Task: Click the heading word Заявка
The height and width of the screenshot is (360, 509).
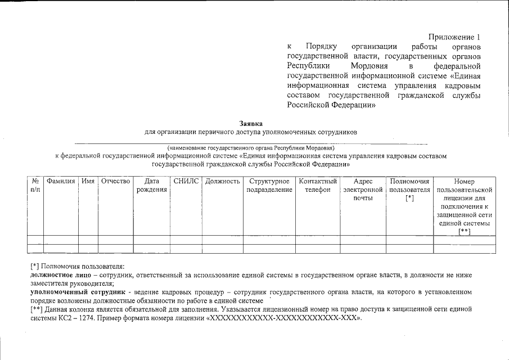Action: coord(251,123)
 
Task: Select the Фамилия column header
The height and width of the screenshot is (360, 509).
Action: coord(61,182)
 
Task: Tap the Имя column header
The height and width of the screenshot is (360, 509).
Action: coord(88,182)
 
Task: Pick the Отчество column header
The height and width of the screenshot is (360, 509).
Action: coord(115,182)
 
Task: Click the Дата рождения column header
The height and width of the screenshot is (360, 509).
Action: coord(152,186)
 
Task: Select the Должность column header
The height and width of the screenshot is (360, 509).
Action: coord(223,182)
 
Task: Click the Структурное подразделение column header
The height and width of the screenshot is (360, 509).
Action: coord(269,186)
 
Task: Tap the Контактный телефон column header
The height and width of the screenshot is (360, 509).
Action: coord(318,186)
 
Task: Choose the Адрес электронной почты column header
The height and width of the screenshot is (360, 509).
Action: coord(363,190)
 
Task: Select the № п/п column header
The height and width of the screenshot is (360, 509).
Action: coord(35,186)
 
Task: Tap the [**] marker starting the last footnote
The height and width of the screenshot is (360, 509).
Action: coord(36,310)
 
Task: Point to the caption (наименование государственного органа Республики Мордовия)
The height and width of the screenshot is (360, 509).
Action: coord(251,147)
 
